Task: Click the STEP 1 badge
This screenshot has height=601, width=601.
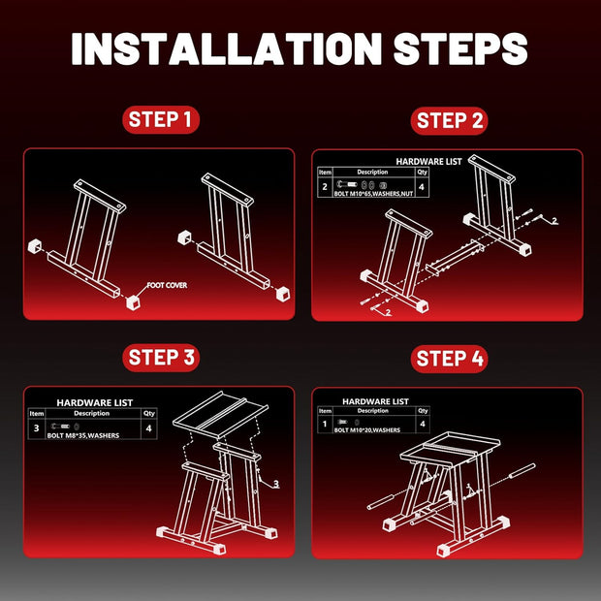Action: pyautogui.click(x=161, y=119)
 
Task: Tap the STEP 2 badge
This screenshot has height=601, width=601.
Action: pyautogui.click(x=449, y=121)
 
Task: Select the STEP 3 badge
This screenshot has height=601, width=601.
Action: pyautogui.click(x=161, y=358)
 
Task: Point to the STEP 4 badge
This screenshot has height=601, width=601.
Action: pyautogui.click(x=449, y=359)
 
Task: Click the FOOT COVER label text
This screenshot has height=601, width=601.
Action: pyautogui.click(x=167, y=285)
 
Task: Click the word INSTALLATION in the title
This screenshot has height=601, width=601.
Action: pyautogui.click(x=227, y=48)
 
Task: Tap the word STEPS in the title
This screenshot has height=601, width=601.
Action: pyautogui.click(x=460, y=48)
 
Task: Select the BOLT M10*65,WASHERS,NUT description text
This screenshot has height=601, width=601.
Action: pyautogui.click(x=373, y=194)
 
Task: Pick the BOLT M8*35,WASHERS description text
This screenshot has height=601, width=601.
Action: pyautogui.click(x=83, y=436)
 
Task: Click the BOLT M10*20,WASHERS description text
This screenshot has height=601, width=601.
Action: pyautogui.click(x=367, y=430)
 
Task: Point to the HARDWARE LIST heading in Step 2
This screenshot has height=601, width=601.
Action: pyautogui.click(x=428, y=162)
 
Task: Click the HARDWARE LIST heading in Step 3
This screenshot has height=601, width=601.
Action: pyautogui.click(x=95, y=403)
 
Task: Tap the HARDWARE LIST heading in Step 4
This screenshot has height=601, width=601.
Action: pyautogui.click(x=376, y=401)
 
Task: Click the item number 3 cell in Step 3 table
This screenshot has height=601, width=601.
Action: pyautogui.click(x=37, y=428)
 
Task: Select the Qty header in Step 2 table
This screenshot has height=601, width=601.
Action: pyautogui.click(x=423, y=173)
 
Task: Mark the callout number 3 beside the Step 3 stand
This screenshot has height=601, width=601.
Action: pyautogui.click(x=276, y=484)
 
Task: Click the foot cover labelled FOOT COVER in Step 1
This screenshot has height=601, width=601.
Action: pyautogui.click(x=133, y=302)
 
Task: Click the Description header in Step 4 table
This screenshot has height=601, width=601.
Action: pyautogui.click(x=373, y=411)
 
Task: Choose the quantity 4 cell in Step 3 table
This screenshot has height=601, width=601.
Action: pyautogui.click(x=149, y=428)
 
